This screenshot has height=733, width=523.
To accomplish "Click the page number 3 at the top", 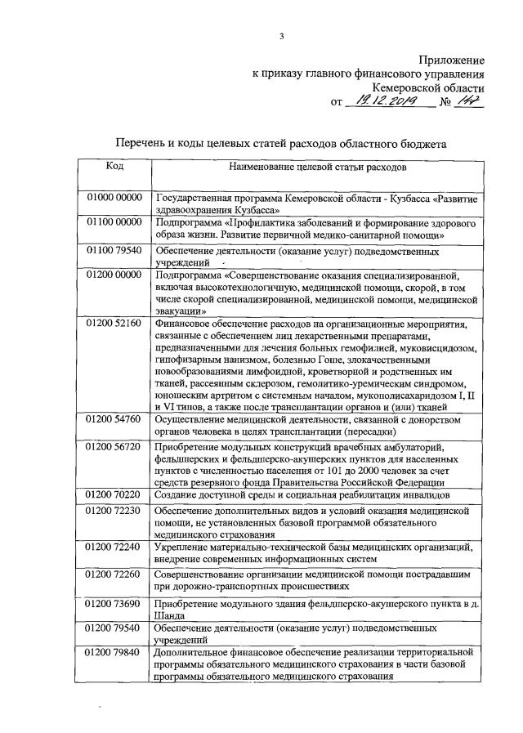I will click(280, 36).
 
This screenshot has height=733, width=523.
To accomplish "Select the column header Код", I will click(115, 166).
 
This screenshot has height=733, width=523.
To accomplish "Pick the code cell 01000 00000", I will click(115, 199).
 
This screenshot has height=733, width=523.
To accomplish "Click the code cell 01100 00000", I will click(115, 221).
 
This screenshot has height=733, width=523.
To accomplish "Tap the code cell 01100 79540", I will click(115, 250).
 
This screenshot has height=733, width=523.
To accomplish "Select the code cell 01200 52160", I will click(115, 324).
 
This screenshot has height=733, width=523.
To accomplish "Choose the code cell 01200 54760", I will click(115, 419).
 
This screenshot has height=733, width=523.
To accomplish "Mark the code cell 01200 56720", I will click(115, 447).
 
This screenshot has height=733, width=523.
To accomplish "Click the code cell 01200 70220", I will click(115, 494).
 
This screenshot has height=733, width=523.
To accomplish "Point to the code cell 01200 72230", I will click(115, 510).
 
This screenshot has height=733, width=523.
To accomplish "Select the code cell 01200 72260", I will click(115, 574).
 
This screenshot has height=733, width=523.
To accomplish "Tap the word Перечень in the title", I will click(148, 142).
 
